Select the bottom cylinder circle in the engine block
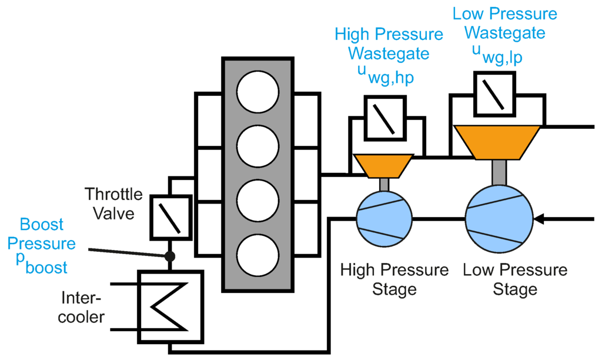click(257, 256)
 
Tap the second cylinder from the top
click(257, 148)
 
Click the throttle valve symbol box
click(170, 216)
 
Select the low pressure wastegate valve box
click(494, 94)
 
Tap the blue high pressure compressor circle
click(384, 219)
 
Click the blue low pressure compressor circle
click(499, 219)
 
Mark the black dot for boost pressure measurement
click(170, 256)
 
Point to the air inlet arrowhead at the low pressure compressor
click(540, 219)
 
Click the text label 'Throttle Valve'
click(113, 203)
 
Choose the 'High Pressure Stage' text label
click(394, 279)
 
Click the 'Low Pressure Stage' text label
click(515, 279)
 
